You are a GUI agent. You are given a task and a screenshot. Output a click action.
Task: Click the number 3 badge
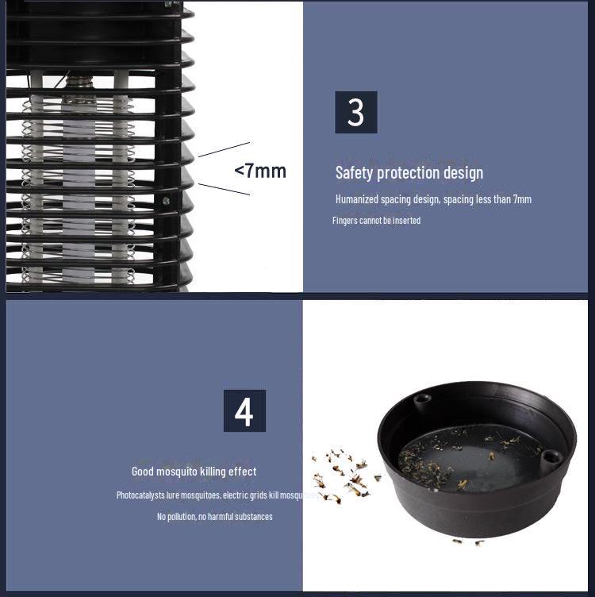tap(355, 112)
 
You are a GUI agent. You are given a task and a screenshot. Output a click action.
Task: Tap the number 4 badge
tap(244, 410)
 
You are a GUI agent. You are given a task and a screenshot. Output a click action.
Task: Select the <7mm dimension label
tap(259, 171)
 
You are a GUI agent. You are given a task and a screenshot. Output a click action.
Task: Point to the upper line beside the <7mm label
tap(224, 149)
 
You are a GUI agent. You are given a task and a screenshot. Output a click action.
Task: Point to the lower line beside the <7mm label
tap(224, 189)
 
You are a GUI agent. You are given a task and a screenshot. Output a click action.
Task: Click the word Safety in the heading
tap(353, 173)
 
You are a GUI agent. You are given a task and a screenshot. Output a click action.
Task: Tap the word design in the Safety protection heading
tap(463, 173)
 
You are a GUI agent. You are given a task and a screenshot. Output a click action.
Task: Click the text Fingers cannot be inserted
tap(376, 220)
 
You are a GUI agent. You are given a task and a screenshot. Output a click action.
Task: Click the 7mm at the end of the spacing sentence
tap(520, 199)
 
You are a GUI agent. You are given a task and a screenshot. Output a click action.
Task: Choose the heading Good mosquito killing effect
tap(194, 472)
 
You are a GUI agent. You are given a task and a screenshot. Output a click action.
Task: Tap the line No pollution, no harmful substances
tap(214, 517)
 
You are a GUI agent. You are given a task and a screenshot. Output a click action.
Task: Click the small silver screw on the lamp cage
tap(166, 201)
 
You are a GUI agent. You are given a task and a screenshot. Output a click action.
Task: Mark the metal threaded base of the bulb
tap(79, 88)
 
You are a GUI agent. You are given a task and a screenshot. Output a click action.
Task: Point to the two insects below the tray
tap(468, 542)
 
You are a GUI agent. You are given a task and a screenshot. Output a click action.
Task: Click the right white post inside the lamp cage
tap(121, 175)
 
